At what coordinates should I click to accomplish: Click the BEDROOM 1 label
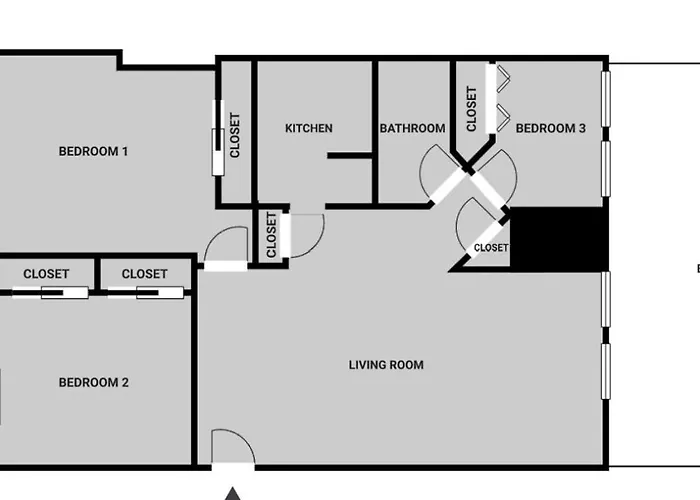point(93,152)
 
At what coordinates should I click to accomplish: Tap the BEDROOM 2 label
point(93,382)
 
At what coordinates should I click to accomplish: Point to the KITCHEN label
point(309,128)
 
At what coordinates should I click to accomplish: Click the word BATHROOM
point(412,128)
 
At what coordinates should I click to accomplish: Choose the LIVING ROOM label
point(386,365)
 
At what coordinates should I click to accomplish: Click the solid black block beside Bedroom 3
point(559,239)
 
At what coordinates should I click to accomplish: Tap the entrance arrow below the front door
point(232,492)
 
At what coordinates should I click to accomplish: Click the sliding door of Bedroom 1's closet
point(217,151)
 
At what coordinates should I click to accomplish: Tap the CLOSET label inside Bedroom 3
point(472,109)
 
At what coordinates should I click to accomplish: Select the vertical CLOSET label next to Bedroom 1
point(235,135)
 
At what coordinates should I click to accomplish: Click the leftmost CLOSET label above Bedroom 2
point(46,274)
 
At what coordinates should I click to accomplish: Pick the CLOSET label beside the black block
point(490,247)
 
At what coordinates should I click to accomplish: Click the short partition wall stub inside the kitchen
point(349,155)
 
